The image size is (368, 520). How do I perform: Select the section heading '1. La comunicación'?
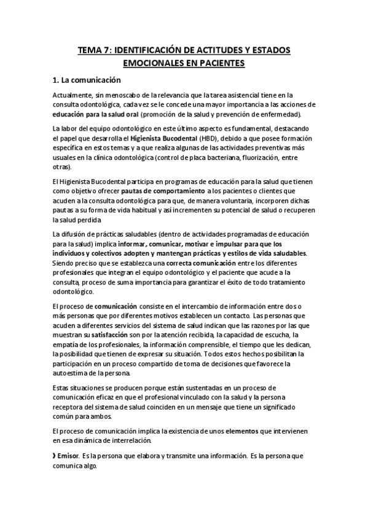87,80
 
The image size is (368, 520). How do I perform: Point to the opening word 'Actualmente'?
71,95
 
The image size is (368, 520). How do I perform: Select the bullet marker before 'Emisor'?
55,456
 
